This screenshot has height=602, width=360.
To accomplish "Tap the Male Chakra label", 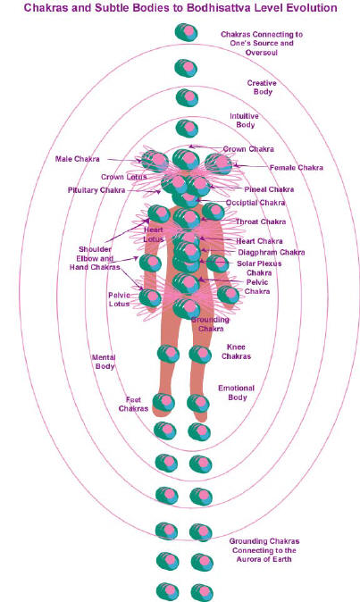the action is (x=77, y=159).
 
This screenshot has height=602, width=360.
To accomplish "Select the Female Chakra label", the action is (x=297, y=168).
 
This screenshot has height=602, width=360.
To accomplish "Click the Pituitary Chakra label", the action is (x=96, y=190).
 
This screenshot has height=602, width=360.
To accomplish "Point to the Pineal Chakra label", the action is (x=269, y=189).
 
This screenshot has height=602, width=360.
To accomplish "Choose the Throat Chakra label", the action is (x=261, y=222).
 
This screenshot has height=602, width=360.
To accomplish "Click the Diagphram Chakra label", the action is (x=272, y=252).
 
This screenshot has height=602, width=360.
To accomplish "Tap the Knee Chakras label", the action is (x=236, y=352).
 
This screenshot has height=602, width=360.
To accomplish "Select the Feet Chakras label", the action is (x=133, y=405).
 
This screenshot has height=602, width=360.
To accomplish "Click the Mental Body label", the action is (x=104, y=362).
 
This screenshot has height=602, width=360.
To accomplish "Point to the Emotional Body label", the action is (x=237, y=393).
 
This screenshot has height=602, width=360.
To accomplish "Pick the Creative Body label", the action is (x=262, y=88).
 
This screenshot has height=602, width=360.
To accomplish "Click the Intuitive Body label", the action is (x=245, y=121).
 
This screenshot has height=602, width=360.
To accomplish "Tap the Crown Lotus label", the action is (x=124, y=177).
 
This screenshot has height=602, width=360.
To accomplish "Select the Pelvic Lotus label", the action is (x=119, y=299).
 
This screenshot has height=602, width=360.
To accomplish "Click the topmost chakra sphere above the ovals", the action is (x=186, y=32).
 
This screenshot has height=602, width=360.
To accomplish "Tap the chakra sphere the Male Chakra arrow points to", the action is (x=155, y=161).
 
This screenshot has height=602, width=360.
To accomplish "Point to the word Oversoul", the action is (x=262, y=52).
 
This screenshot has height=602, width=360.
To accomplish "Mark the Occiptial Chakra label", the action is (x=255, y=203).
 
